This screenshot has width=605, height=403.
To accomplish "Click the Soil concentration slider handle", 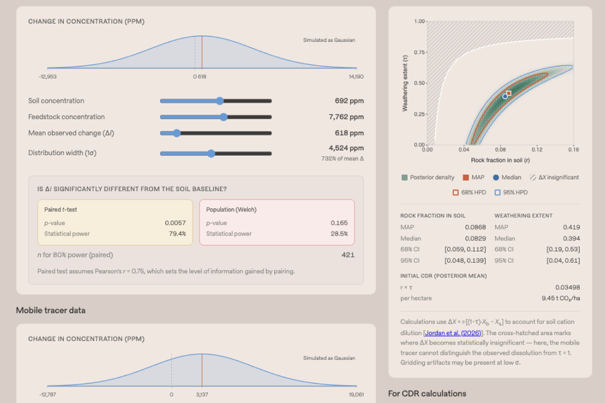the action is point(220,101).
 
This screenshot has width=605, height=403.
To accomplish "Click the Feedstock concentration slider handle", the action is point(223,117).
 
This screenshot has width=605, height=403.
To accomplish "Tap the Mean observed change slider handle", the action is point(176,133).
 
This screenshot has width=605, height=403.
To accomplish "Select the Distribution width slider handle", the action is point(211,153).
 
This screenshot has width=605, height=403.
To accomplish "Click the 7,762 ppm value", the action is point(346,117).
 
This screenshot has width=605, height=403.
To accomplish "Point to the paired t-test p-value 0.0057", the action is point(175,222).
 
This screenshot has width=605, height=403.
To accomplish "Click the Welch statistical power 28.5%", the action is point(339,234).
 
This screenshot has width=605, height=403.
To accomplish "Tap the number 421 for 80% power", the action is point(347,255).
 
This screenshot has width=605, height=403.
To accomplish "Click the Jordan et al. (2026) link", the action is point(453,333).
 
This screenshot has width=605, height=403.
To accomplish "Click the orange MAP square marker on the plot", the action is point(509,93).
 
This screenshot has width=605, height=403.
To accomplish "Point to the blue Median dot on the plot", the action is point(505,96).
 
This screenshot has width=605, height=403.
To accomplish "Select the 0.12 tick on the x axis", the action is point(536,149).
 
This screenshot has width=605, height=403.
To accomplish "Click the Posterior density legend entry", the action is point(428,177).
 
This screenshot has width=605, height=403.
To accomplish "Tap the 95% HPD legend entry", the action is point(511,192).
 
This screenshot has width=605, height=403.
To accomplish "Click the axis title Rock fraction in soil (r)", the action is point(500,160).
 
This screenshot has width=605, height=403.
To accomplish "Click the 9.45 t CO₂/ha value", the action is point(561,298).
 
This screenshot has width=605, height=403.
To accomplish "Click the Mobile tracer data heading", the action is point(51,310).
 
